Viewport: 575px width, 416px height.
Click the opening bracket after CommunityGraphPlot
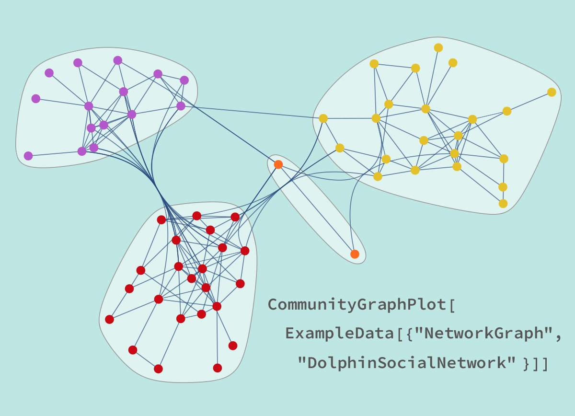point(452,305)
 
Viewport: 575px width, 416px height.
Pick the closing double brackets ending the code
point(541,363)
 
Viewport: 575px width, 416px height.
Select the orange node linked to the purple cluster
point(278,164)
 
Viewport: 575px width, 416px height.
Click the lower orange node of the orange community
point(355,254)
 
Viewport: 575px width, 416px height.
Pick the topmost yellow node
point(438,47)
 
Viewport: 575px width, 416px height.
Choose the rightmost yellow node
point(552,92)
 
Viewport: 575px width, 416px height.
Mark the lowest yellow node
point(503,204)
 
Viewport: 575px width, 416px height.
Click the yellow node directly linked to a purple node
point(323,118)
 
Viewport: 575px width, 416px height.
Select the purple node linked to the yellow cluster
point(181,106)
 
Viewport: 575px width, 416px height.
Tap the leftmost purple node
point(28,156)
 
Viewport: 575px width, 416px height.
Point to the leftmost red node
point(109,319)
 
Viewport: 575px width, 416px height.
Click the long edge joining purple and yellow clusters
point(249,112)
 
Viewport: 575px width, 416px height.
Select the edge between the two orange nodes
point(316,209)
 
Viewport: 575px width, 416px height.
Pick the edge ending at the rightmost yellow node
point(529,102)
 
